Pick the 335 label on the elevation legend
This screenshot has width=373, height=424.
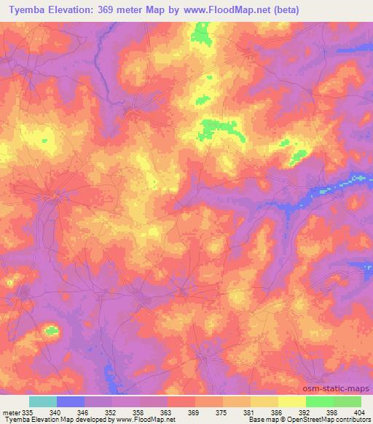[x=27, y=412]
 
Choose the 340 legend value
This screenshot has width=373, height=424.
[x=55, y=412]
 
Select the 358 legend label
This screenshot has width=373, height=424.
[x=138, y=412]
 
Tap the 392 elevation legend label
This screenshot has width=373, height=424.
[x=304, y=412]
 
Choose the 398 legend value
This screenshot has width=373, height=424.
[x=331, y=412]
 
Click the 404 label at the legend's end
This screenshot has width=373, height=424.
[x=359, y=412]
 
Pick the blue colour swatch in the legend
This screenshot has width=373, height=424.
[x=70, y=401]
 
